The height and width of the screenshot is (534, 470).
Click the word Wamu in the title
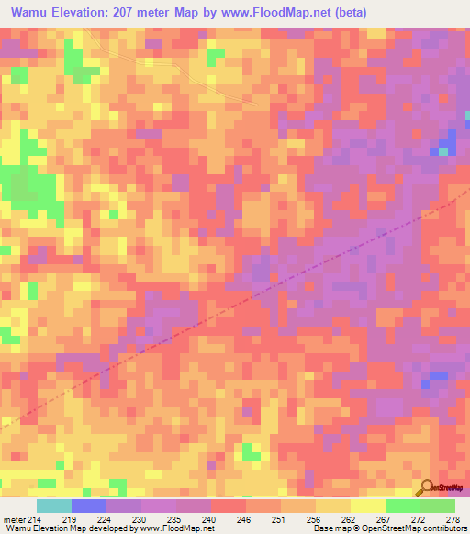coord(32,14)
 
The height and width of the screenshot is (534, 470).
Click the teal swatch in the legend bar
coord(54,506)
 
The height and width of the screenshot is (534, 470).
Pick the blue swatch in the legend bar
coord(89,506)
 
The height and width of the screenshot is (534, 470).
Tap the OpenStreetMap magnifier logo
coord(427,487)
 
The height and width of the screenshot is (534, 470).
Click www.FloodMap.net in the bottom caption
coord(176,528)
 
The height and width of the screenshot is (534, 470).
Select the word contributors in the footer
coord(443,528)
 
